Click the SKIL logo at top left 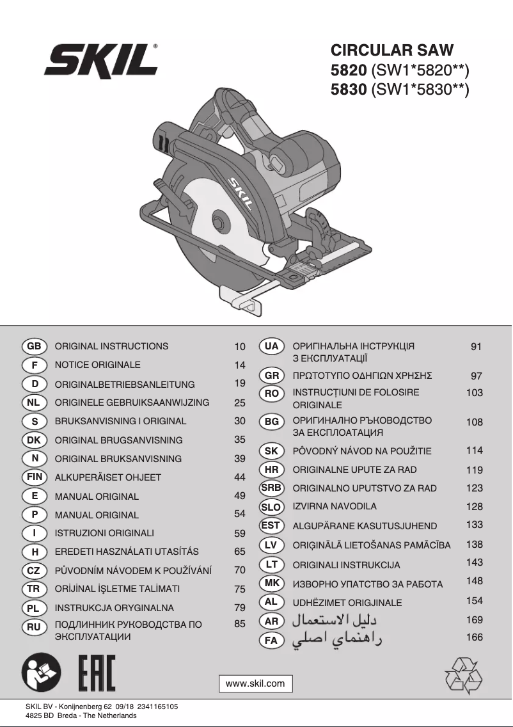(x=101, y=63)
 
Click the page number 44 (x=240, y=477)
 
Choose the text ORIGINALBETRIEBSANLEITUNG (x=125, y=385)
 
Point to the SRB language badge (x=271, y=488)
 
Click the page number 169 (x=475, y=619)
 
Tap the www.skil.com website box (x=256, y=683)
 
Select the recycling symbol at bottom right (x=464, y=675)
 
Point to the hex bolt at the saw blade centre (x=219, y=221)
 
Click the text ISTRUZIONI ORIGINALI (x=104, y=532)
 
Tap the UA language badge (x=271, y=346)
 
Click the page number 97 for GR (x=476, y=376)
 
